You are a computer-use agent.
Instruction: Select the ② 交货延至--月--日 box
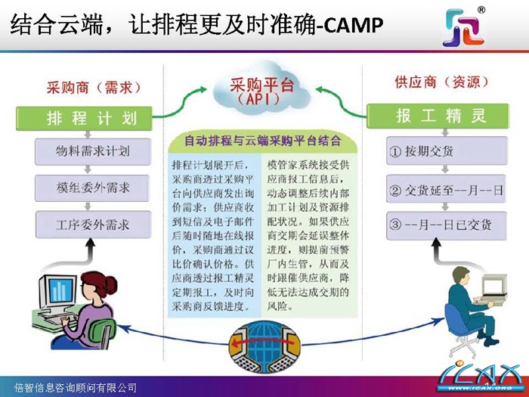444,189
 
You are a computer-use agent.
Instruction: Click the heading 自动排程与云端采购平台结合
262,141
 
